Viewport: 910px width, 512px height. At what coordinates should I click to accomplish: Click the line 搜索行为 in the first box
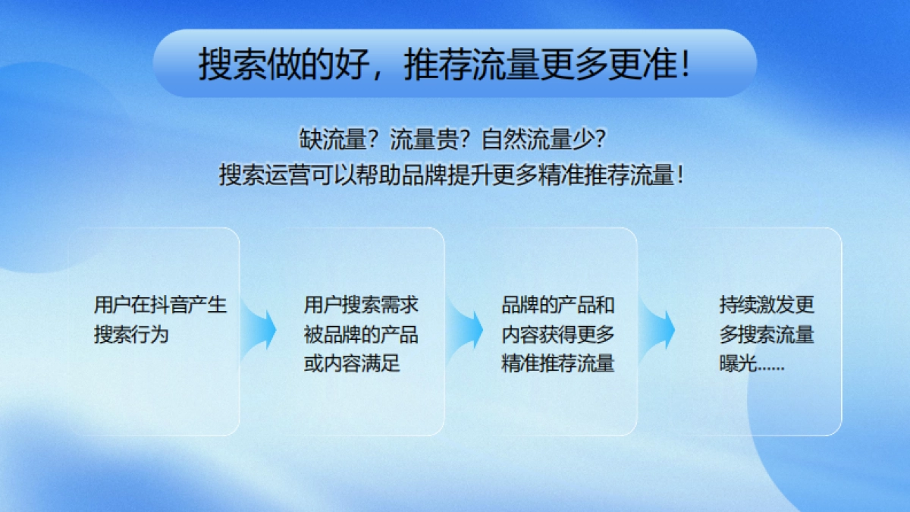(131, 334)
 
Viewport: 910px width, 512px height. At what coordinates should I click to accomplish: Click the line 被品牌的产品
(361, 334)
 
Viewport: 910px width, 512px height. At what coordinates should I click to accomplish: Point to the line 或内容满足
(351, 363)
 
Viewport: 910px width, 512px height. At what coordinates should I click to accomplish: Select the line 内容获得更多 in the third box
(557, 334)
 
